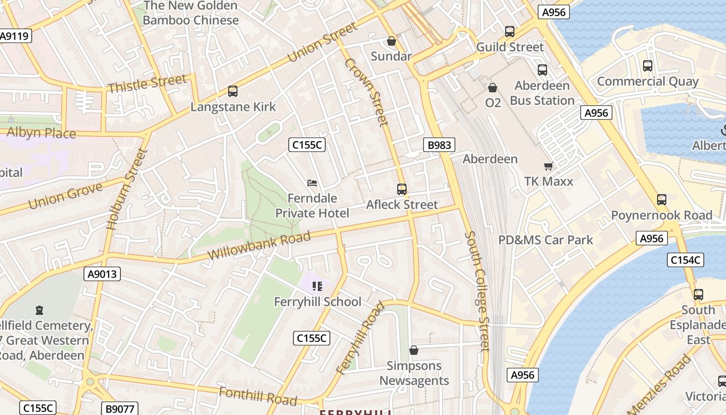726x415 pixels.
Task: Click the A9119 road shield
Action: click(15, 36)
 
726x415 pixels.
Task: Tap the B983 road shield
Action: click(439, 145)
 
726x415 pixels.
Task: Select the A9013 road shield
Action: click(102, 274)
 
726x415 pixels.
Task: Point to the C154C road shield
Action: click(686, 260)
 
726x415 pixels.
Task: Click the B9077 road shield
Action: click(120, 409)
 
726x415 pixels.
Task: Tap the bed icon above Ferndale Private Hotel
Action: click(312, 183)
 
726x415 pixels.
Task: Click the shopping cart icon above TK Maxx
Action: click(548, 166)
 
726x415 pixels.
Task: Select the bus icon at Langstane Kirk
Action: click(233, 91)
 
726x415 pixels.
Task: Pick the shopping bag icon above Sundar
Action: click(392, 40)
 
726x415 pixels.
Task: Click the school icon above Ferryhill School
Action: click(317, 286)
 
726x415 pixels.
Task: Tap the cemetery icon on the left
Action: click(39, 310)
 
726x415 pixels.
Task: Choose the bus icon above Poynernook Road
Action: click(662, 199)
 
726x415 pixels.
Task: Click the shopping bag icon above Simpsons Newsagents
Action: click(413, 350)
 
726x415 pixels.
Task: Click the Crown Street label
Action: click(366, 92)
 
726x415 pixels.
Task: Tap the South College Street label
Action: click(478, 290)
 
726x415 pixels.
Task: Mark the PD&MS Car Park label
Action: click(545, 240)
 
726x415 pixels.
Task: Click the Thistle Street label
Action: click(147, 84)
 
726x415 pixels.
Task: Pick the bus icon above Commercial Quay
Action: click(647, 66)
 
